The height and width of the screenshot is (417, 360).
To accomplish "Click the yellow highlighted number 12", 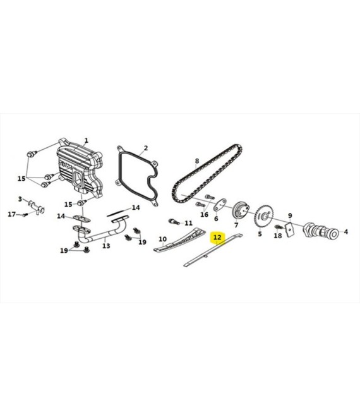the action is [x=217, y=237].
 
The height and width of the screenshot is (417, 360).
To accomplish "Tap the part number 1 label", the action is [x=86, y=140].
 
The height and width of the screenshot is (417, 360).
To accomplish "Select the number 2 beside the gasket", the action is [x=145, y=148].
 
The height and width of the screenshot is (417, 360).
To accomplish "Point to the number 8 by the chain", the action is [x=197, y=160].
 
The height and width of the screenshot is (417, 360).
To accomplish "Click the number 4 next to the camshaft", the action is [x=345, y=232].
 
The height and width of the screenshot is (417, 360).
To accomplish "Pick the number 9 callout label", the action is [x=290, y=215].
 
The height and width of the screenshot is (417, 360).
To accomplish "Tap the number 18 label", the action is [x=278, y=236].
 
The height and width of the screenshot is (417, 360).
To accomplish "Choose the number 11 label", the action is [x=188, y=223].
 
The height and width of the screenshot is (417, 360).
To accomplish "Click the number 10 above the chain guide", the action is [x=163, y=239].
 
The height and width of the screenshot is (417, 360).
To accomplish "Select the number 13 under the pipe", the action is [x=106, y=246].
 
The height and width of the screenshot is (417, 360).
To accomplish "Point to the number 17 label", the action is [x=12, y=214].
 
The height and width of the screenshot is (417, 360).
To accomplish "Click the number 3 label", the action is [x=20, y=199].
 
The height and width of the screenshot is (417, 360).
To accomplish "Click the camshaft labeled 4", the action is [x=321, y=230].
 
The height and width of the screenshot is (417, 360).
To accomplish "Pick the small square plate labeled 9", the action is [x=289, y=229].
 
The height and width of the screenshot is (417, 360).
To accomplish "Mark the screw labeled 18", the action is [x=278, y=227].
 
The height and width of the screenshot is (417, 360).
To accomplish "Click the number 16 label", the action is [x=204, y=214].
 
